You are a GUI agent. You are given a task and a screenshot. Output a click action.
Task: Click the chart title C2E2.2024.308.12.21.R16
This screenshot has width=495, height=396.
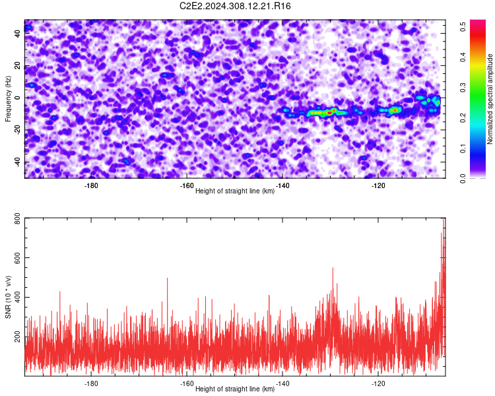(235, 6)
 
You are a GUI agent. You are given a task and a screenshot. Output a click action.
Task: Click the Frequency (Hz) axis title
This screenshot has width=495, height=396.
(8, 98)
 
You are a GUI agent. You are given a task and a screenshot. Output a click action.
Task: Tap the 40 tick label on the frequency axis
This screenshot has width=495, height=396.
(17, 33)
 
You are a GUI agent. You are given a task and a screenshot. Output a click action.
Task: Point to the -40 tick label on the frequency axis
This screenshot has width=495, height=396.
(17, 162)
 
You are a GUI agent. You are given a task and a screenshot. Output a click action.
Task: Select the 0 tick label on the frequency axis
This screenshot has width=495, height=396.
(17, 98)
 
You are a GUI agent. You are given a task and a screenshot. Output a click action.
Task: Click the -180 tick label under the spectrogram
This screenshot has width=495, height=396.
(91, 185)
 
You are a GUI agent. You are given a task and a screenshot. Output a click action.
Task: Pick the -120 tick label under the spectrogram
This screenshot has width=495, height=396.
(378, 185)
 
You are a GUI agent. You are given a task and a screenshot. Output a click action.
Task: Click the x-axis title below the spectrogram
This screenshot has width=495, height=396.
(235, 191)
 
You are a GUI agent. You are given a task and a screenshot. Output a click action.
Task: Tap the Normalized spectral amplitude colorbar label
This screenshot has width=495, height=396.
(490, 99)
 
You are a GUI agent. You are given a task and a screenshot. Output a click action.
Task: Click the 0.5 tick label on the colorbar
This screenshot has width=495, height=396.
(463, 26)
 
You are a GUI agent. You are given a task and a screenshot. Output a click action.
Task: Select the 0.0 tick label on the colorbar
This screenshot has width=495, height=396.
(463, 178)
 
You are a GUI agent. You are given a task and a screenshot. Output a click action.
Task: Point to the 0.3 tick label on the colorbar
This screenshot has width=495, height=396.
(463, 88)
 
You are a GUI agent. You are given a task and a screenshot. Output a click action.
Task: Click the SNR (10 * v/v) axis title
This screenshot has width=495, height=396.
(8, 297)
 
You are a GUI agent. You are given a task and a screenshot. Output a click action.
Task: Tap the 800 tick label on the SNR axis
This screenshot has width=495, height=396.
(17, 218)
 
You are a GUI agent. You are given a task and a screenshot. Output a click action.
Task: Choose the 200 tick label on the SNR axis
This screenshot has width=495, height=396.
(17, 337)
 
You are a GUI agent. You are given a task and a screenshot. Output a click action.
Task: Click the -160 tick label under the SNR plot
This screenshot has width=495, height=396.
(187, 383)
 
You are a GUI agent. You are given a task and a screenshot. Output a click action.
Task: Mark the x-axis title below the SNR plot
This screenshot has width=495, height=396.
(235, 389)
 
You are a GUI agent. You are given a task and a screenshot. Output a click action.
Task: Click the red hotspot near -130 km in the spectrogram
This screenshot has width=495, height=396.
(329, 112)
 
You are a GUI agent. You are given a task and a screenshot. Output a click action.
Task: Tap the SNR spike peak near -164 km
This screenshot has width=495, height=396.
(167, 279)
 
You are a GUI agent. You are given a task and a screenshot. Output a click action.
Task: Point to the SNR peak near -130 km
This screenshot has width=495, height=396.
(333, 268)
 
